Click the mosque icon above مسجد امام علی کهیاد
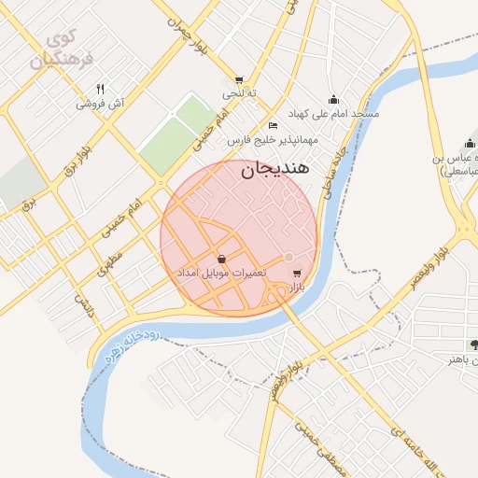333,100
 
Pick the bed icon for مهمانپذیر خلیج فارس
273,126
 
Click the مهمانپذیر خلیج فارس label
274,140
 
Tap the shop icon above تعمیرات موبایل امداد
221,259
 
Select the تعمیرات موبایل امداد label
221,273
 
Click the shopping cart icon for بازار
297,274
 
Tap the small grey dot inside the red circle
289,257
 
